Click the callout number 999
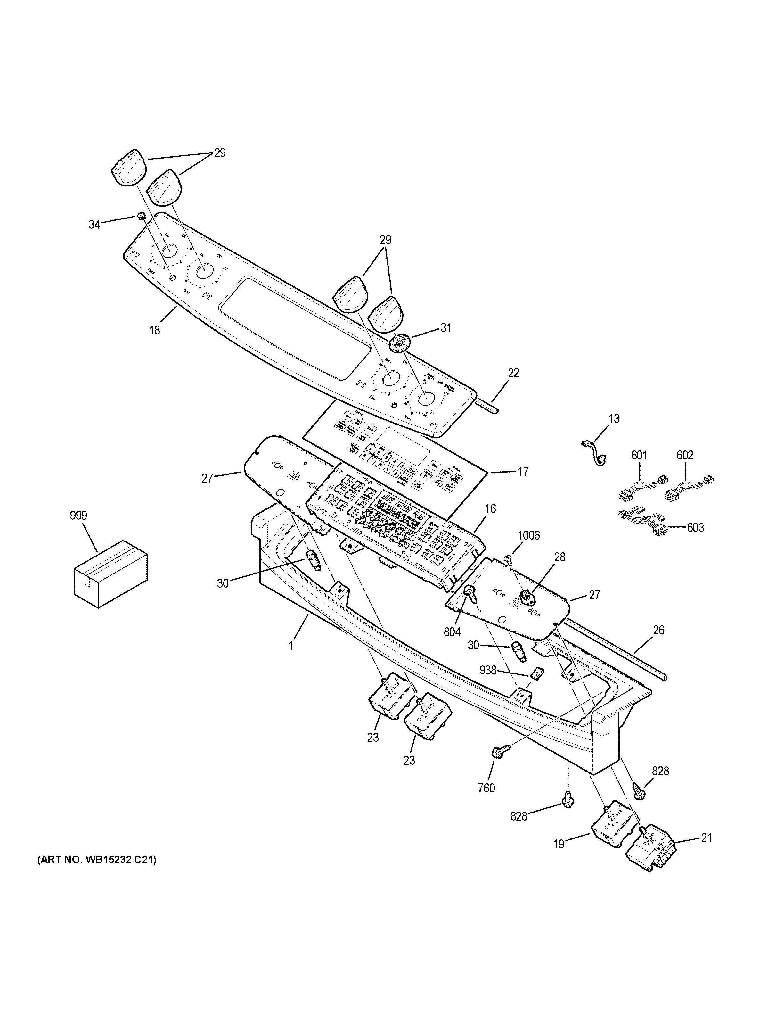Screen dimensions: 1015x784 [x=78, y=516]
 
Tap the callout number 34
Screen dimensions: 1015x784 [x=94, y=225]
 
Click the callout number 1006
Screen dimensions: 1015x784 [x=528, y=536]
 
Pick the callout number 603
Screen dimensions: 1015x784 [x=695, y=527]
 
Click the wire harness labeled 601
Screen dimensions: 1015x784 [x=640, y=489]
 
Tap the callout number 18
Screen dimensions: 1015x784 [x=154, y=330]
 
